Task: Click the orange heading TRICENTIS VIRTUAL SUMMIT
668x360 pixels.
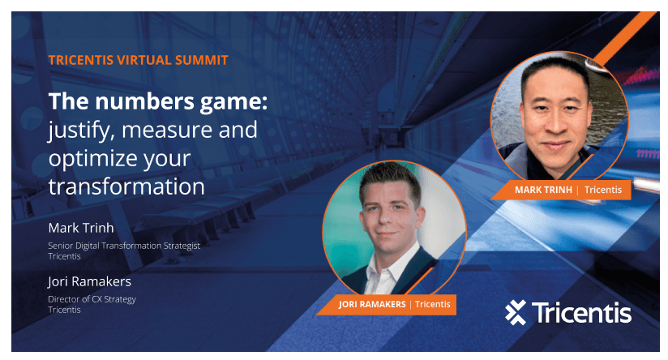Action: pos(139,60)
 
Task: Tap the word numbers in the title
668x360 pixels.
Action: pos(145,101)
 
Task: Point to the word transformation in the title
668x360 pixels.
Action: pos(126,186)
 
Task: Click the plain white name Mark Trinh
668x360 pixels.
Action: pos(81,228)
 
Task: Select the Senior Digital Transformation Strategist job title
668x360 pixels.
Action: pos(124,246)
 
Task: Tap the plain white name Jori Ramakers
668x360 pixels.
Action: pos(89,281)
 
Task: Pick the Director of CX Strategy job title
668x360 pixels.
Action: pos(92,299)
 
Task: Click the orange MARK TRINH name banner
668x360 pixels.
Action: pos(561,190)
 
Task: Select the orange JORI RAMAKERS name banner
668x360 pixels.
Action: pos(387,305)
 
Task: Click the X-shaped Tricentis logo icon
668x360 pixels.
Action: pos(516,312)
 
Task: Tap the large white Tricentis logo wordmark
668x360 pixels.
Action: pos(581,313)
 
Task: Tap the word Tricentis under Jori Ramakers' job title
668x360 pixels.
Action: pos(64,310)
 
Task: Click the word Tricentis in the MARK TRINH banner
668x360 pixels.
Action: pos(603,190)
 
